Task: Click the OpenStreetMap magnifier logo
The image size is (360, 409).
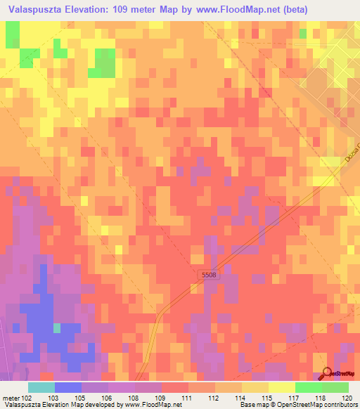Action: tap(328, 373)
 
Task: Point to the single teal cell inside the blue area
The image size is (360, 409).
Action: tap(57, 327)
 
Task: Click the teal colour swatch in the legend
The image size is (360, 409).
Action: tap(41, 387)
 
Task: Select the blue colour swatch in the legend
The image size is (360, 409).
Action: tap(67, 387)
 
